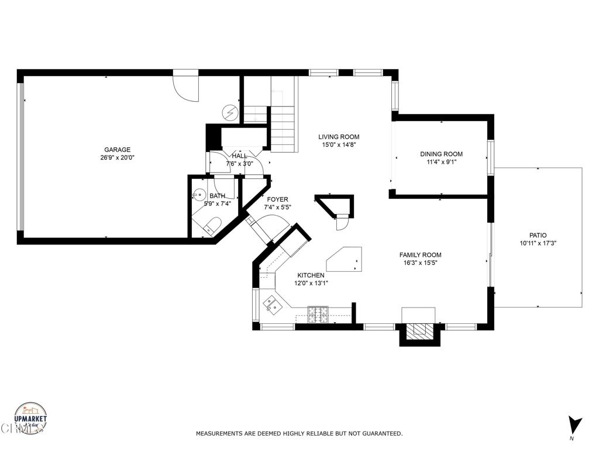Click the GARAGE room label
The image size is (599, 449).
(x=118, y=150)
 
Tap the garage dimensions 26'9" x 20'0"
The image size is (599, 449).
(x=118, y=157)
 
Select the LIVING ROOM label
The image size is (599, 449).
(x=339, y=137)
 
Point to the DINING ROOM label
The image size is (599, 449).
(x=441, y=154)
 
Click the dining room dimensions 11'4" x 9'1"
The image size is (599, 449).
(x=441, y=162)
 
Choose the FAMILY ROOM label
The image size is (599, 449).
(x=420, y=255)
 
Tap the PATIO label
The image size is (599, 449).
(x=537, y=235)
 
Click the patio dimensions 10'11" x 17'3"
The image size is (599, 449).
(x=537, y=243)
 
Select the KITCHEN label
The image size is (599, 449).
(x=311, y=275)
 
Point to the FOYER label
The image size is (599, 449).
(x=277, y=199)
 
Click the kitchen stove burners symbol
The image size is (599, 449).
(x=319, y=315)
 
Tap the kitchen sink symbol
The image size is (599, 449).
(x=270, y=302)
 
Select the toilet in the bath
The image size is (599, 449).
(x=213, y=225)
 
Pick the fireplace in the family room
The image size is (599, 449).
(x=418, y=331)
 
